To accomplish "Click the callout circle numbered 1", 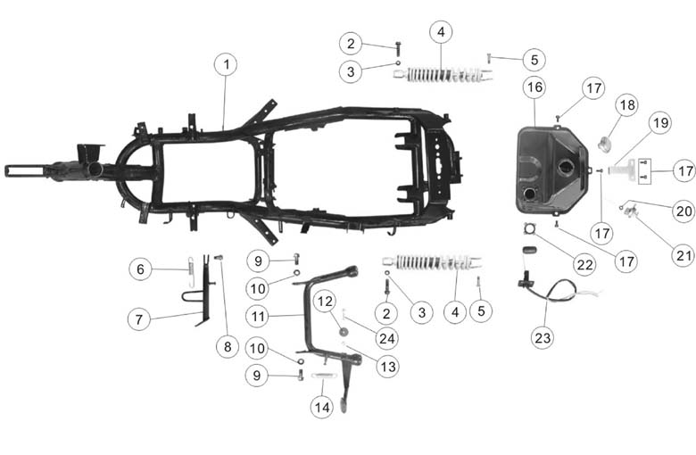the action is pos(226,65).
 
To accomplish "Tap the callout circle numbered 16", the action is pos(534,87).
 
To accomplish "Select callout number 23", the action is pos(543,338).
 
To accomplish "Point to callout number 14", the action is pos(322,407).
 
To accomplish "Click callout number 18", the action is pos(626,105).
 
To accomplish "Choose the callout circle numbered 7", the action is pos(139,319).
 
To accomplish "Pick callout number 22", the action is pos(584,265).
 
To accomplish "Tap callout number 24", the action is pos(386,339).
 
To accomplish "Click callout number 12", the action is pos(325,302).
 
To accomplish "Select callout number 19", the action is pos(661,122).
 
